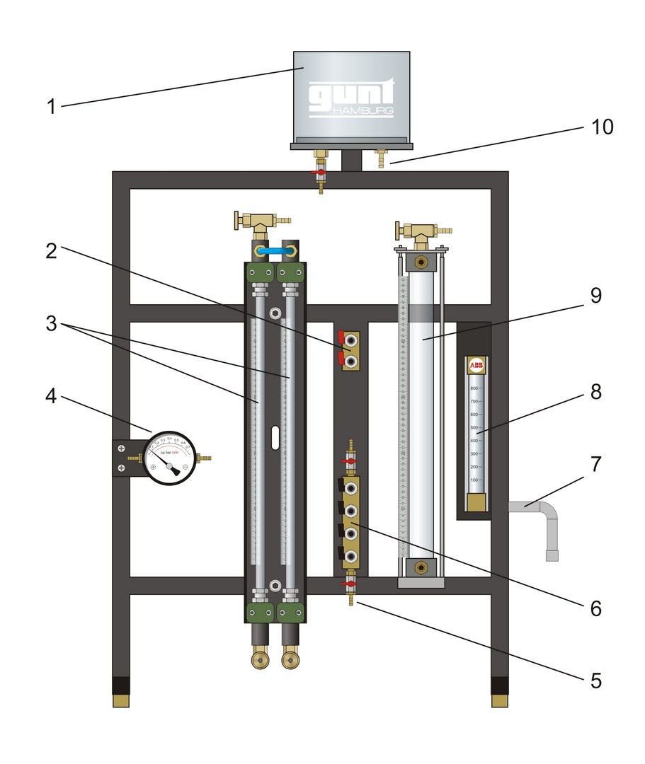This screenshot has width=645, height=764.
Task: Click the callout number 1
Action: click(50, 107)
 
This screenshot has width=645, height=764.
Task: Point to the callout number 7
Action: click(595, 465)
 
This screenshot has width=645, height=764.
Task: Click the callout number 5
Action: click(595, 681)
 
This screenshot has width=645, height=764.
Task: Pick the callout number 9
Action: click(595, 296)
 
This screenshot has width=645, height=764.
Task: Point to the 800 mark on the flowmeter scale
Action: click(475, 388)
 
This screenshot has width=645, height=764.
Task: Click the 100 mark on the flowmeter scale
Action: click(475, 480)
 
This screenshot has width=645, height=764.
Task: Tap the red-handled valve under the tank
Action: click(321, 172)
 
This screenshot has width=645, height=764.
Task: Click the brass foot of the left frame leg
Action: click(121, 700)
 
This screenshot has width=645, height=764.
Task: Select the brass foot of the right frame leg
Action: click(500, 700)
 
